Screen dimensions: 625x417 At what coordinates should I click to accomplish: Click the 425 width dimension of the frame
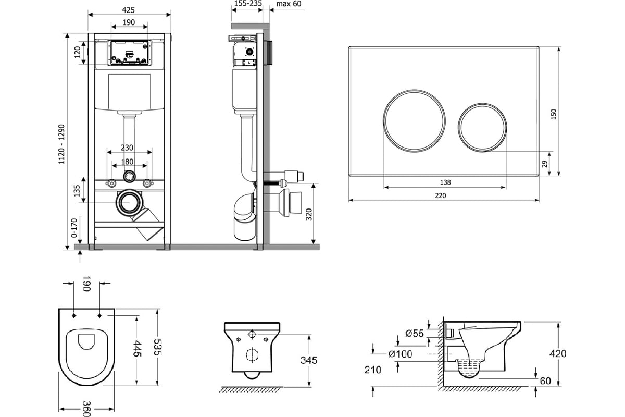click(128, 10)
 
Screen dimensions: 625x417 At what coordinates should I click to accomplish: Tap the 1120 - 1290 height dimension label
click(61, 144)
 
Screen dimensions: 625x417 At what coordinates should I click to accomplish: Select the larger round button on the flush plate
click(414, 121)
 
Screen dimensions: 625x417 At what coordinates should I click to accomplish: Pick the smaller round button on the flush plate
click(482, 128)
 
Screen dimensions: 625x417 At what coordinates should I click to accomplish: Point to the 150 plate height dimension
click(554, 114)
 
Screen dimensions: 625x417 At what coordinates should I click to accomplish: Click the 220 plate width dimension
click(441, 195)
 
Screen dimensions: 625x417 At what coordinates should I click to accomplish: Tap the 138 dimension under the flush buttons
click(445, 182)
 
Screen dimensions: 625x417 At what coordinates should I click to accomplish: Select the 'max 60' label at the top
click(289, 4)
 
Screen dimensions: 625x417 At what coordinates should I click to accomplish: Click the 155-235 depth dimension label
click(248, 4)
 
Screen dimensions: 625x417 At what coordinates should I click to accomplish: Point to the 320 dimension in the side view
click(308, 215)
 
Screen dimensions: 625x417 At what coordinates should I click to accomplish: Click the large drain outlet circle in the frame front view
click(129, 203)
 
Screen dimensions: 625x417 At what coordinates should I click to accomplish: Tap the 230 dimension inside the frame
click(127, 148)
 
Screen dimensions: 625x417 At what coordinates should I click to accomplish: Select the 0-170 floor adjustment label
click(74, 228)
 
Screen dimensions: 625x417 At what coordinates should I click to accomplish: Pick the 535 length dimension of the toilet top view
click(158, 347)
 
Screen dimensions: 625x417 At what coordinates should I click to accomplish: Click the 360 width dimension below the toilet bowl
click(87, 409)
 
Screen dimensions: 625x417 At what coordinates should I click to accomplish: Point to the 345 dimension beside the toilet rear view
click(308, 360)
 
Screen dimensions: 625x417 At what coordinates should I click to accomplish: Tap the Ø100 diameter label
click(400, 354)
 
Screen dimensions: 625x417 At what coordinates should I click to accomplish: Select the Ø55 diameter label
click(415, 333)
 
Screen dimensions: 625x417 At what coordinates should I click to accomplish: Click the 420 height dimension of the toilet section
click(558, 353)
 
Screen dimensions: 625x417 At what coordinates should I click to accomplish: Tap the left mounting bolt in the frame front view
click(111, 183)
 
